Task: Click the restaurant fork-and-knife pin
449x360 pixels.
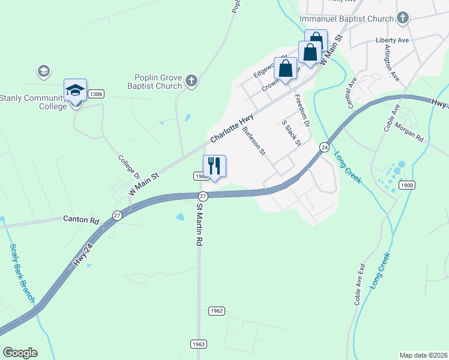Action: point(214,165)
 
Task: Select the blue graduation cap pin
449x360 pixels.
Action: point(75,91)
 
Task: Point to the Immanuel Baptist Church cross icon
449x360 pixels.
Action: point(402,18)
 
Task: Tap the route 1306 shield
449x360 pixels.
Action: point(96,94)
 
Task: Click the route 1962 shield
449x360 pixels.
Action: point(217,311)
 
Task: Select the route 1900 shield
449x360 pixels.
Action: point(406,185)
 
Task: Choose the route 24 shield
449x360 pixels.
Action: point(324,147)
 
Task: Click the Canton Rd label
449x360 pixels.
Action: point(81,220)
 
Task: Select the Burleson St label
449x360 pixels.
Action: point(254,141)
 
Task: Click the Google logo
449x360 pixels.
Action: point(20,353)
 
